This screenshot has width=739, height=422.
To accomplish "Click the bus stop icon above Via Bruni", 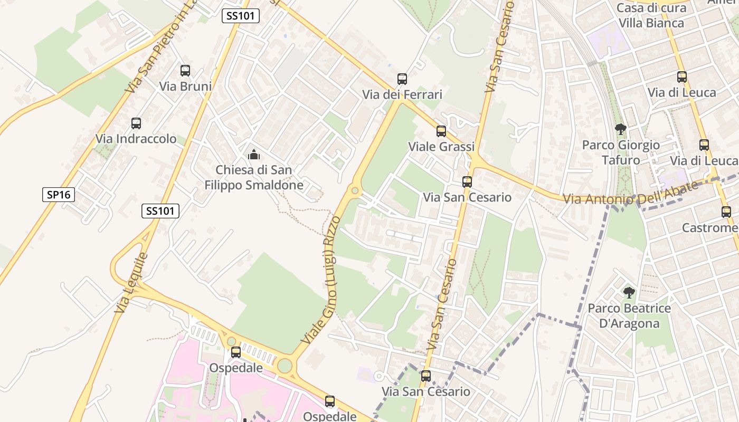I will coord(185,71).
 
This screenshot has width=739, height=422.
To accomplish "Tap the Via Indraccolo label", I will coord(136,139).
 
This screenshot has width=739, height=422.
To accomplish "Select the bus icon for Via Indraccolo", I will coord(136,123).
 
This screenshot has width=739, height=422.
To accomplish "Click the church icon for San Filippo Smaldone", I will coord(254,155).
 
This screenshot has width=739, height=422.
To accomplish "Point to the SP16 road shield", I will coord(59,195).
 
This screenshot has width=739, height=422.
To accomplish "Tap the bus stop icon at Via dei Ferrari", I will coord(402,79).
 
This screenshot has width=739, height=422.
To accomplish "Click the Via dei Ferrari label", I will coord(402,95).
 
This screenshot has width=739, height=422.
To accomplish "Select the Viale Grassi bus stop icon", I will coord(441,131).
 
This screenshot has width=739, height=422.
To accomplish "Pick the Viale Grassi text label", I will coord(441,147).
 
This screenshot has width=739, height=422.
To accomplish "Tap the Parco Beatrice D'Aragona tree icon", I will coord(629,293).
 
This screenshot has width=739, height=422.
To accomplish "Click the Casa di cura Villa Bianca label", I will coord(651,15).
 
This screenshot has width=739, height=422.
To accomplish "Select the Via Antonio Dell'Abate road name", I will coord(631,194).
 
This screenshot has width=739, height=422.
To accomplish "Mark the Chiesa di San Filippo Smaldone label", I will coord(254,178).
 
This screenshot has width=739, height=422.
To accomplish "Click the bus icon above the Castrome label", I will coord(726,212).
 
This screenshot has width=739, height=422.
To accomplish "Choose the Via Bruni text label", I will coord(185,87).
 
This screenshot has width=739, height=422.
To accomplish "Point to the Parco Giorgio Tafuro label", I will coord(621,152).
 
